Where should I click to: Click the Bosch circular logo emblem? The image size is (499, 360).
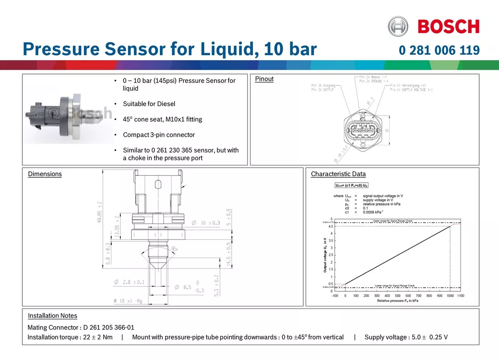397,26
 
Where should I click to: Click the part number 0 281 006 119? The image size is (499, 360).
439,51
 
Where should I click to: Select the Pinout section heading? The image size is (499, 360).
264,79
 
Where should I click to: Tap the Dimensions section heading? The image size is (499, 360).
45,174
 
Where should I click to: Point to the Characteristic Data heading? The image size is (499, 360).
338,174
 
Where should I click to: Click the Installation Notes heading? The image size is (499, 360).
53,316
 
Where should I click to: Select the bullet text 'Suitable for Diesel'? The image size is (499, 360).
149,104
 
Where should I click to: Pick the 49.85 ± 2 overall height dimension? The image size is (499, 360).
100,213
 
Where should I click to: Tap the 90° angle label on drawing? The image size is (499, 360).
174,249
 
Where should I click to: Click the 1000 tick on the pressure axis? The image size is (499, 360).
450,296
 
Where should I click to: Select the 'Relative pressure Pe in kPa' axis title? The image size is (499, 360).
397,301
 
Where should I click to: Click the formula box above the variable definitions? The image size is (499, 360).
351,185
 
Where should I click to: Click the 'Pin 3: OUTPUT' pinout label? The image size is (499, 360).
322,89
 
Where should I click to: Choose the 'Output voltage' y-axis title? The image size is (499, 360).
325,255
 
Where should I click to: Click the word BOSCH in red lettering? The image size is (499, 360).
448,27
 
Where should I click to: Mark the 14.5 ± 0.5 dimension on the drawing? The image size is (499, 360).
228,253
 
